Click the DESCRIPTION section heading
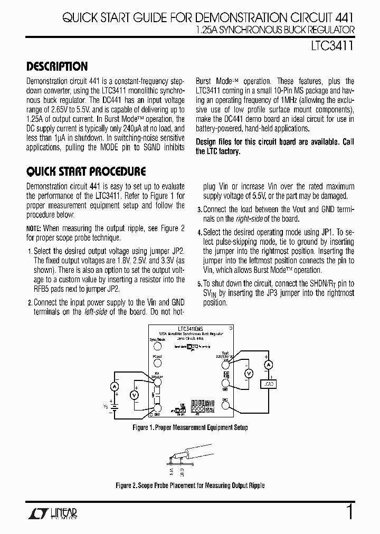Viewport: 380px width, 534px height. click(x=57, y=66)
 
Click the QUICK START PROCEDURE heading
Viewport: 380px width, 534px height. click(x=86, y=171)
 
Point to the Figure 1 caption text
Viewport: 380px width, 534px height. click(x=190, y=427)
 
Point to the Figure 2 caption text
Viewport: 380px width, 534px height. click(x=190, y=485)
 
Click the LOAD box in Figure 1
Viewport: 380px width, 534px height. click(x=269, y=384)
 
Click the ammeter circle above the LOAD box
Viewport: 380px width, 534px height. click(x=268, y=365)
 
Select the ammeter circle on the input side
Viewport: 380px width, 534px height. click(x=113, y=387)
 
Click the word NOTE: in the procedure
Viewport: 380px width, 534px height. click(x=33, y=228)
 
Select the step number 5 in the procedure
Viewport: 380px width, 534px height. click(x=199, y=284)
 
